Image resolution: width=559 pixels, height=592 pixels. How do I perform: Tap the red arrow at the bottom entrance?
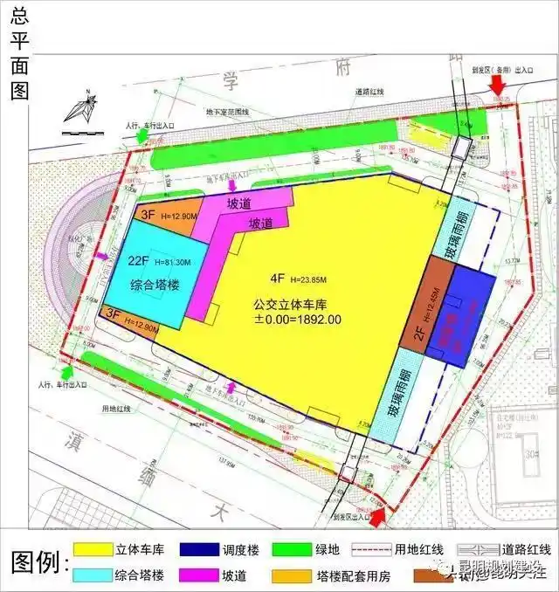(378, 517)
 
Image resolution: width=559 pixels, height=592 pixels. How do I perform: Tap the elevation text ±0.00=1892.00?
(298, 320)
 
